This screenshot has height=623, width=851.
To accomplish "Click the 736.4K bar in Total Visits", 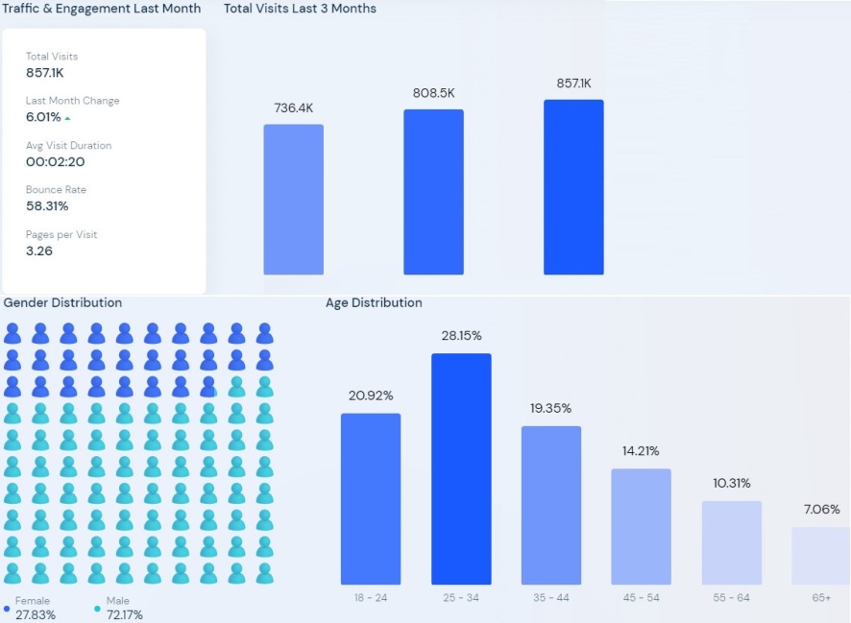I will [x=293, y=200].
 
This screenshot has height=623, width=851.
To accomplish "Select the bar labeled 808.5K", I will [x=433, y=192].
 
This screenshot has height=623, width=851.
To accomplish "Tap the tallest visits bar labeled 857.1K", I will [x=573, y=187].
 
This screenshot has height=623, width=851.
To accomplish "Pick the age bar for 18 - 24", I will [x=371, y=498].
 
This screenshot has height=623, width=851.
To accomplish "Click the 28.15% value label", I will [x=461, y=336].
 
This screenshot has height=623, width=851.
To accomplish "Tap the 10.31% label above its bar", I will [x=732, y=483].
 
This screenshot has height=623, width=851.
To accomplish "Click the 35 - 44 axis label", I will [x=551, y=598].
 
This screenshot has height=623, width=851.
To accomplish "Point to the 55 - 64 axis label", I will [x=732, y=598].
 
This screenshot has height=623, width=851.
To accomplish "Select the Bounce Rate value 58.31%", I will [x=47, y=206].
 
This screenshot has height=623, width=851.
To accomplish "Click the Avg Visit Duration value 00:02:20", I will [x=54, y=162].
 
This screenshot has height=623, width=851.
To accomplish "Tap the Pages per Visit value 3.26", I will [x=39, y=252].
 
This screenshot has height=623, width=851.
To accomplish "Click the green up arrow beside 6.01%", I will [x=68, y=118].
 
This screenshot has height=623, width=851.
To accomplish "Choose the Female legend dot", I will [x=7, y=609].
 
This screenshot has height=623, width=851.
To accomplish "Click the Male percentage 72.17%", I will [x=125, y=615].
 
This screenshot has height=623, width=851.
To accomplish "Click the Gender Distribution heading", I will [x=62, y=302].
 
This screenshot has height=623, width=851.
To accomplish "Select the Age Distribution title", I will [x=374, y=302].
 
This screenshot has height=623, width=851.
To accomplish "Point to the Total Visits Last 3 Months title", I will [x=300, y=9].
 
